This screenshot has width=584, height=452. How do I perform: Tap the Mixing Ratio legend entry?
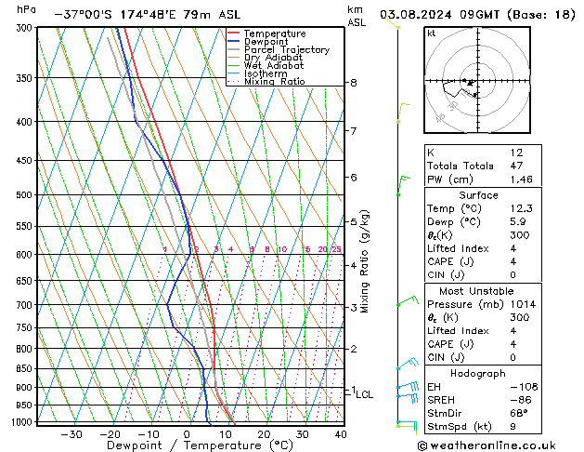274,81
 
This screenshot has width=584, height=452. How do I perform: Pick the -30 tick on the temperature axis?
71,433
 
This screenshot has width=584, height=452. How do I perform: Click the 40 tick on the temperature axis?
341,433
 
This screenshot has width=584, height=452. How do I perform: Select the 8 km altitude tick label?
354,83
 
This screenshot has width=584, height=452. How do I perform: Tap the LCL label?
365,394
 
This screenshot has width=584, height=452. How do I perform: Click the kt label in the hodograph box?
431,33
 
